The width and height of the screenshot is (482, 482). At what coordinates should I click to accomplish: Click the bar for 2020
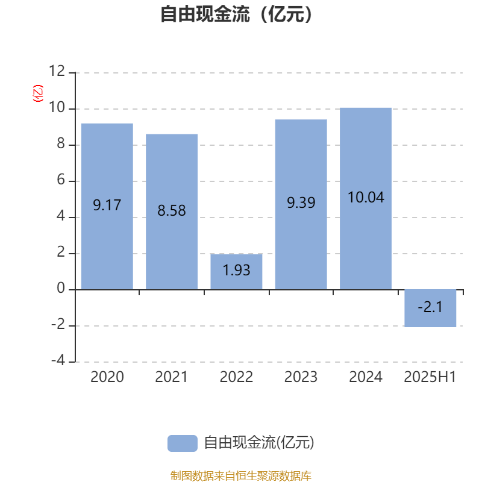107,206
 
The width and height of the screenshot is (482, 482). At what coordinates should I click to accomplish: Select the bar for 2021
172,212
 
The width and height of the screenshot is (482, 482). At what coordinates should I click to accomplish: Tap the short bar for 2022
236,272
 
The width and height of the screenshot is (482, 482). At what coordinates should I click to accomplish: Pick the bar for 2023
301,204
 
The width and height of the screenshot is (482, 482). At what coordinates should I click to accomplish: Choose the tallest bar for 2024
366,199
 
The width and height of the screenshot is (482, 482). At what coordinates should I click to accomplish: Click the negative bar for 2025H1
430,308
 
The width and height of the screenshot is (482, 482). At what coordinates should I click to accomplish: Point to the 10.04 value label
366,198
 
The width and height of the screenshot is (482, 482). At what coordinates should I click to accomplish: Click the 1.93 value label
236,270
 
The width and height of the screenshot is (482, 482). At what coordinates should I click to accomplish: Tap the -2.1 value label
430,307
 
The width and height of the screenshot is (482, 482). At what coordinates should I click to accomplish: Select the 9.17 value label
107,205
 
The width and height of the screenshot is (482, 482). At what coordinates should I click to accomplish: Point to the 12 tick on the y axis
57,71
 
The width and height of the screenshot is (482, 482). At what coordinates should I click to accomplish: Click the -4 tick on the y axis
58,360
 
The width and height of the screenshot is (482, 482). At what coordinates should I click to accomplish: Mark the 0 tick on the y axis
61,288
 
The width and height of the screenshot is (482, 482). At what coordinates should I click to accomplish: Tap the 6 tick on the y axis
61,180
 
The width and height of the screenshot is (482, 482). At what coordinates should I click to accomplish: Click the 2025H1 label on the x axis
430,377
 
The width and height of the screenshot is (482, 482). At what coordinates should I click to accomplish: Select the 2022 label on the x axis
236,377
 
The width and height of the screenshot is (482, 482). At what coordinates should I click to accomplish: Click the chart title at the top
236,14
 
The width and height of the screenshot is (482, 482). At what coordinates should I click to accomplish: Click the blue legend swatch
183,443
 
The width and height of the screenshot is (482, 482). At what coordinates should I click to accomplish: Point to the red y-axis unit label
38,93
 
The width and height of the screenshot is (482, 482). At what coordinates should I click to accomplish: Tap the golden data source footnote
241,475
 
